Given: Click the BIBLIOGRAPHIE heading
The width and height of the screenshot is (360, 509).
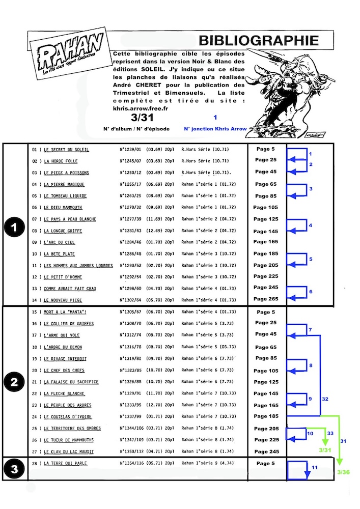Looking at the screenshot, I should pyautogui.click(x=259, y=40).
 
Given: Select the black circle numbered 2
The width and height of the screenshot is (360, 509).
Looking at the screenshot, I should pyautogui.click(x=12, y=382).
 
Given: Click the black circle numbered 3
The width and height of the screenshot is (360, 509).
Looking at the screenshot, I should pyautogui.click(x=12, y=469).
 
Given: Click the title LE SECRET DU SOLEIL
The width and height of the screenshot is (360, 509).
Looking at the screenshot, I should pyautogui.click(x=66, y=150).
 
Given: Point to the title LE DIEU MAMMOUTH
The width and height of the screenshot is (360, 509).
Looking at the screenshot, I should pyautogui.click(x=63, y=208).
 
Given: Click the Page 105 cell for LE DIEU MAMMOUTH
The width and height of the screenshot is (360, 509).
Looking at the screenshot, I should pyautogui.click(x=265, y=207).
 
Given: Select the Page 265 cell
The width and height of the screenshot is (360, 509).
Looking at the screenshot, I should pyautogui.click(x=265, y=299).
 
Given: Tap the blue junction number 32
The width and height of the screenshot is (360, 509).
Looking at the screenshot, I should pyautogui.click(x=325, y=399).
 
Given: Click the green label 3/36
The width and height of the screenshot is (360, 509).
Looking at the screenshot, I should pyautogui.click(x=344, y=473).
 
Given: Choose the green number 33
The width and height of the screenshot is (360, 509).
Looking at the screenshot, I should pyautogui.click(x=330, y=433).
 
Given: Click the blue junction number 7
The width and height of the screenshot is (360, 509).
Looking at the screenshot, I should pyautogui.click(x=310, y=330).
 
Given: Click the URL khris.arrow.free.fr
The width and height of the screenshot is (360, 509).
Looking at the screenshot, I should pyautogui.click(x=142, y=108).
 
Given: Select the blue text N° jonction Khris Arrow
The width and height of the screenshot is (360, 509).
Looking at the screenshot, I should pyautogui.click(x=215, y=129).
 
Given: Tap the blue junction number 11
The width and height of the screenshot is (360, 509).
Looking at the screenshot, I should pyautogui.click(x=314, y=467).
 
